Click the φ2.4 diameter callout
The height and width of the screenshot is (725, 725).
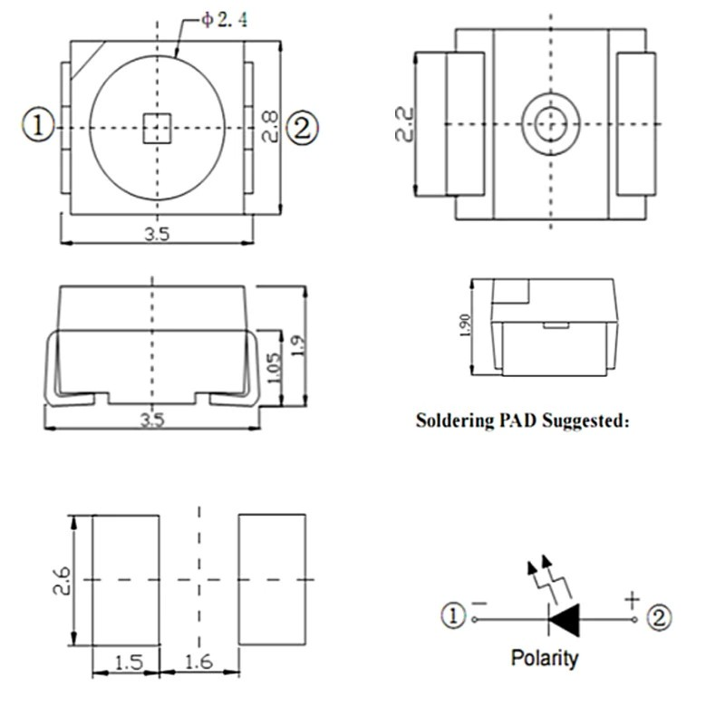pyautogui.click(x=224, y=19)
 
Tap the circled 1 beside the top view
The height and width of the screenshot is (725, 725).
pyautogui.click(x=38, y=126)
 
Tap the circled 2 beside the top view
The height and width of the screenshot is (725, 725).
pyautogui.click(x=302, y=128)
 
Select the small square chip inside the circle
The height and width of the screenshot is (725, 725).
pyautogui.click(x=157, y=128)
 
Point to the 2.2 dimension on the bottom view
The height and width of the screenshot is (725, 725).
pyautogui.click(x=404, y=124)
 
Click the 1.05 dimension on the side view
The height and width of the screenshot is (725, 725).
pyautogui.click(x=275, y=368)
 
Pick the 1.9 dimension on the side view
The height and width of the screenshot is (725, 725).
pyautogui.click(x=299, y=345)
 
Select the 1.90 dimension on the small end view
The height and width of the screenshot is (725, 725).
pyautogui.click(x=466, y=325)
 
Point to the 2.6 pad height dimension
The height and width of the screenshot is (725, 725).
pyautogui.click(x=62, y=581)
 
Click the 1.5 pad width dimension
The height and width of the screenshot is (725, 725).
pyautogui.click(x=128, y=662)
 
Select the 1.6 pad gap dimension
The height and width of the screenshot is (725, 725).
pyautogui.click(x=198, y=662)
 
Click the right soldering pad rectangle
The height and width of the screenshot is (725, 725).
pyautogui.click(x=272, y=579)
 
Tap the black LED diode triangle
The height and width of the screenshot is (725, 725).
pyautogui.click(x=564, y=620)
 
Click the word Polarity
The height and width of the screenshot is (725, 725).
pyautogui.click(x=545, y=659)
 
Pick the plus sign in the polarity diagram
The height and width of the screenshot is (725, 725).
pyautogui.click(x=632, y=601)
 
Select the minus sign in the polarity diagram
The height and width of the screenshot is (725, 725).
pyautogui.click(x=479, y=603)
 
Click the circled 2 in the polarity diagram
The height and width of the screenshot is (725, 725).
pyautogui.click(x=659, y=618)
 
